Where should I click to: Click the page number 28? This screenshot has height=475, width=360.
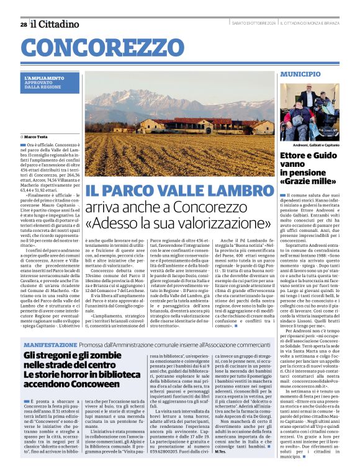point(23,24)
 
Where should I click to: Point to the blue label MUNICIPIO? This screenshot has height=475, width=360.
point(300,74)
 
